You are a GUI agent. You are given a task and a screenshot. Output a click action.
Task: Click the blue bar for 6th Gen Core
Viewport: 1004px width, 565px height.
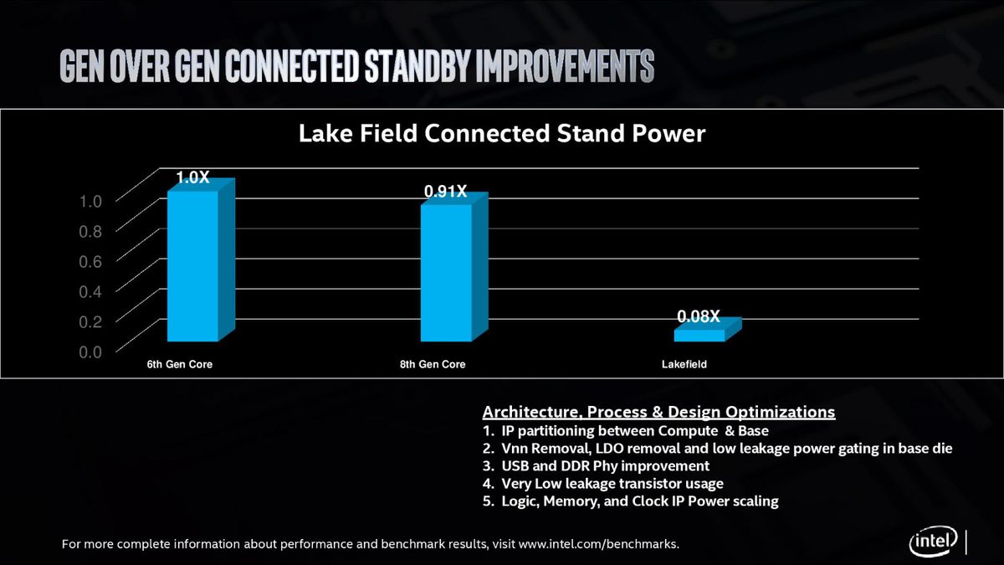pyautogui.click(x=193, y=265)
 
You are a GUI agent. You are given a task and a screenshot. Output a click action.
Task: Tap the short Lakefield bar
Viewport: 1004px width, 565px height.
pyautogui.click(x=699, y=335)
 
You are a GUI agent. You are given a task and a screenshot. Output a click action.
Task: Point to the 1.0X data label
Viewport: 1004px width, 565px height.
pyautogui.click(x=192, y=177)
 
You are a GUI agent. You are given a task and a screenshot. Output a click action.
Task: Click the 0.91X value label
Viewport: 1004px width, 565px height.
pyautogui.click(x=445, y=192)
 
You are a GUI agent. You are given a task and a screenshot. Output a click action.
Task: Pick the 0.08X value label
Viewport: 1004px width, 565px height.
pyautogui.click(x=699, y=316)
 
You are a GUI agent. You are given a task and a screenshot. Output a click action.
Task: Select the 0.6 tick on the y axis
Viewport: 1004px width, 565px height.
pyautogui.click(x=90, y=261)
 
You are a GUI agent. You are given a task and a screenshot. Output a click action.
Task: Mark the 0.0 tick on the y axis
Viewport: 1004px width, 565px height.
pyautogui.click(x=90, y=352)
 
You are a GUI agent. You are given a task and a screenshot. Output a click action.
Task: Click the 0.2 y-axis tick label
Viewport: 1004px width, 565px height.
pyautogui.click(x=90, y=321)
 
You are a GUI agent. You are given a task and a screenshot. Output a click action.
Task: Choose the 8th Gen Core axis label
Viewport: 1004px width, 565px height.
pyautogui.click(x=433, y=365)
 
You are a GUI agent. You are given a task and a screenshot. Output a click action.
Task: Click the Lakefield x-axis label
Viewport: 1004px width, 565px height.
pyautogui.click(x=684, y=365)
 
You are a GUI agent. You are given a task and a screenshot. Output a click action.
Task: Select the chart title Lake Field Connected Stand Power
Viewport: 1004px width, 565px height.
pyautogui.click(x=502, y=134)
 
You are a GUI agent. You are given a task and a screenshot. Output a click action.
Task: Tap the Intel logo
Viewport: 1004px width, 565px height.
pyautogui.click(x=934, y=542)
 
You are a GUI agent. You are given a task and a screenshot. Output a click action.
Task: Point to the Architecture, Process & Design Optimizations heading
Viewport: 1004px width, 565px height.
pyautogui.click(x=658, y=413)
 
